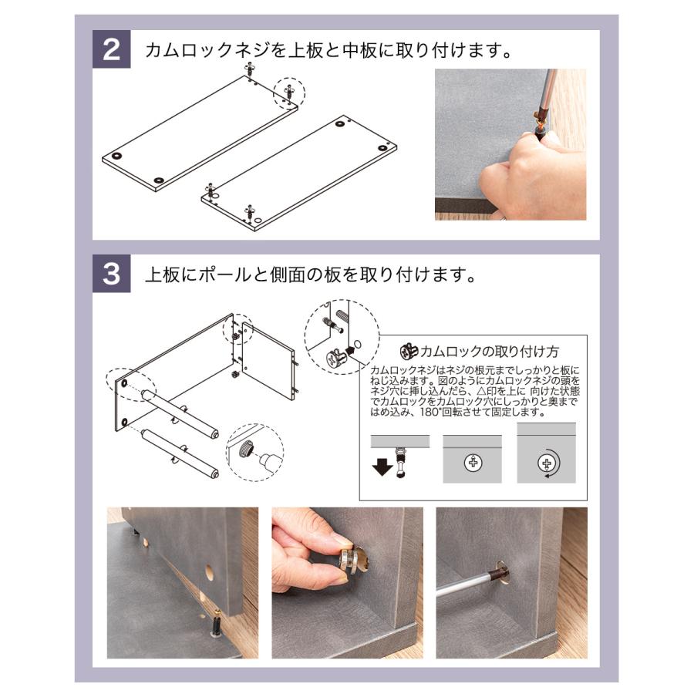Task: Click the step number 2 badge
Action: coord(112,49)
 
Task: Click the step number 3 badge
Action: coord(112,274)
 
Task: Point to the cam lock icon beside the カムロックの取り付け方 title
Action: coord(409,352)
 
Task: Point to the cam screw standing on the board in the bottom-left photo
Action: coord(217,623)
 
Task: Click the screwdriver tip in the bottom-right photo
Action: coord(500,576)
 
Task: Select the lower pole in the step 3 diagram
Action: coord(179,453)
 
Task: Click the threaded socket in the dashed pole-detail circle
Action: coord(247,450)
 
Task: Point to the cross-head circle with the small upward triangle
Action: coord(473,463)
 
